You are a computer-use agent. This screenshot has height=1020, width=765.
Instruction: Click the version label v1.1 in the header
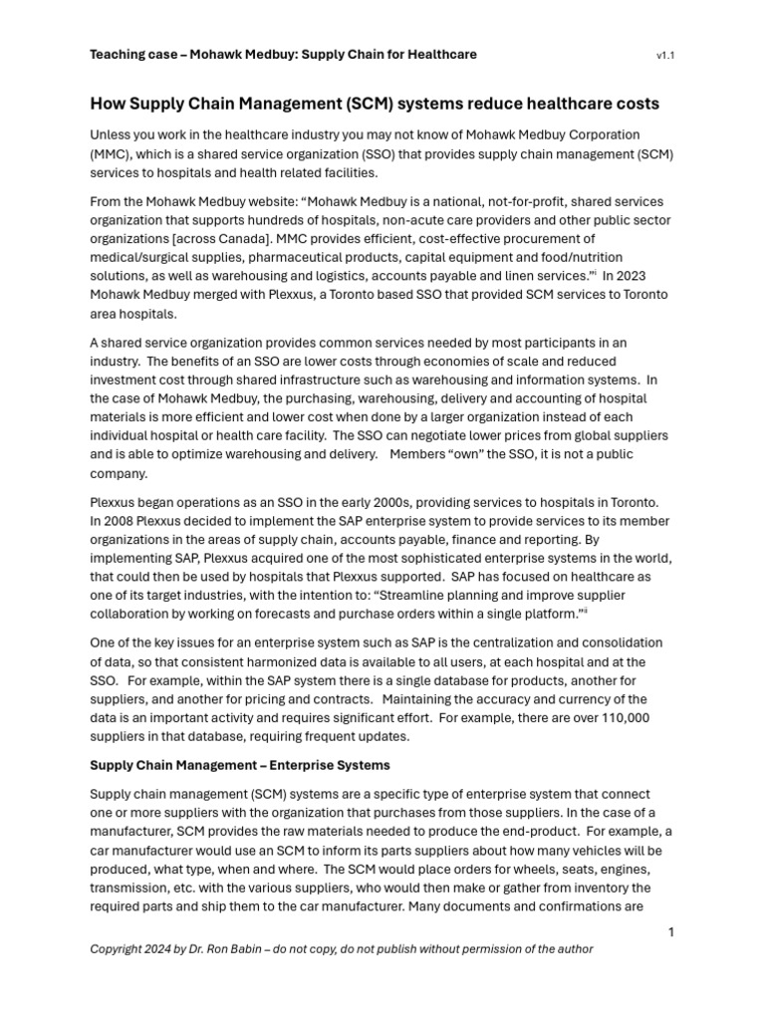(x=665, y=56)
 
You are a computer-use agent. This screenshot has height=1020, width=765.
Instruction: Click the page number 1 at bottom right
(x=671, y=932)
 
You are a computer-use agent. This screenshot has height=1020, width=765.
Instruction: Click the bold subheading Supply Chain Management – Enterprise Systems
(x=240, y=765)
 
